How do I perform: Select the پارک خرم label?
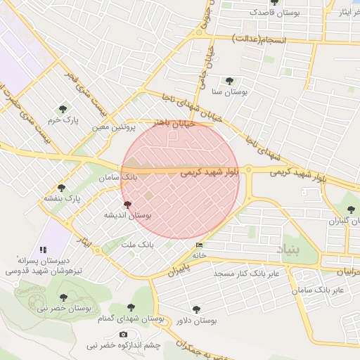point(63,121)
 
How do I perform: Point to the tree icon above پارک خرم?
point(63,109)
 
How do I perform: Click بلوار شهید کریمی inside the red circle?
point(210,171)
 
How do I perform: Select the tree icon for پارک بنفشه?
point(62,188)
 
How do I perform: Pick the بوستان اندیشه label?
point(127,214)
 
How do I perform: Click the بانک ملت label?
point(137,244)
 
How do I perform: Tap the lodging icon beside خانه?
point(200,245)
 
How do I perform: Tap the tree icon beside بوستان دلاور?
point(196,308)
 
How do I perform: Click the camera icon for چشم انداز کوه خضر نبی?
point(124,334)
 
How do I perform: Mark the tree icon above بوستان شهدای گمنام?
point(130,307)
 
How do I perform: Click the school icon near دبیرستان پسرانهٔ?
point(43,249)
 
